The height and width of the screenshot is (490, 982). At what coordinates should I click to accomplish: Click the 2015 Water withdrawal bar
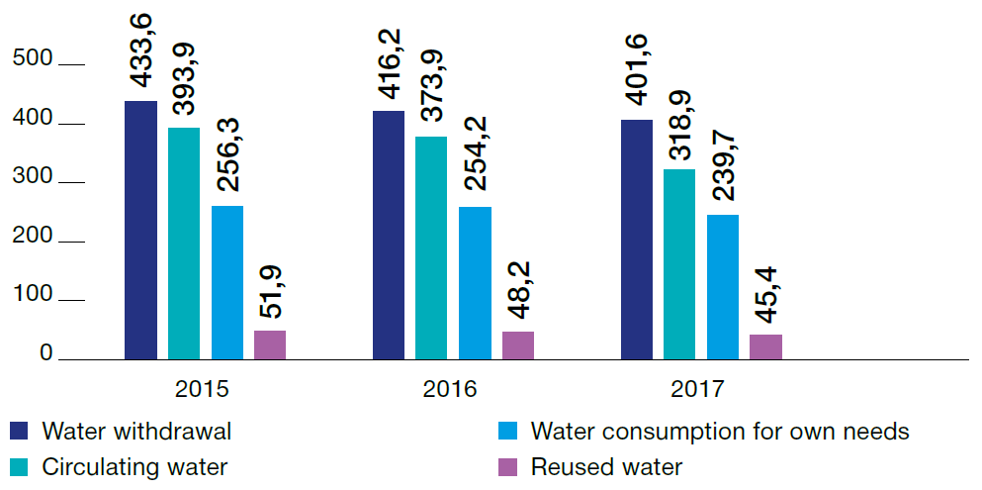click(x=140, y=230)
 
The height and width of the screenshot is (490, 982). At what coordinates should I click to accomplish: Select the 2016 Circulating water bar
click(x=431, y=247)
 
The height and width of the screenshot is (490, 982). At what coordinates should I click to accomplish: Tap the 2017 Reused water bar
click(x=765, y=347)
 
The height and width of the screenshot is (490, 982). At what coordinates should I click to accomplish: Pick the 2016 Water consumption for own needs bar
click(x=475, y=283)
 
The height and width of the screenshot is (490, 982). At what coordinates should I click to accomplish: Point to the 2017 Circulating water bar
click(x=679, y=264)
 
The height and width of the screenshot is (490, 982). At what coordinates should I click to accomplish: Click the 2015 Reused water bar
click(x=270, y=344)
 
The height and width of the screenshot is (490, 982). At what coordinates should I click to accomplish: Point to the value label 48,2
click(x=517, y=294)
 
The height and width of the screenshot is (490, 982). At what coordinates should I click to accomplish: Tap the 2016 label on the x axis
click(x=451, y=389)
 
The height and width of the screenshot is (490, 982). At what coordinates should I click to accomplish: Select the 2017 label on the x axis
click(x=697, y=389)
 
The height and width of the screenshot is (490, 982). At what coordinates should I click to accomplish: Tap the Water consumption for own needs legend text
click(x=720, y=432)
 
